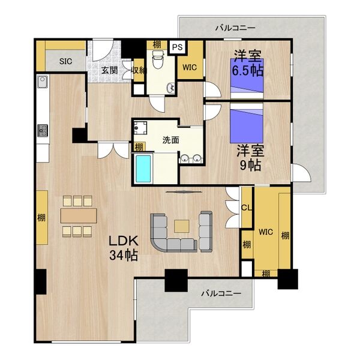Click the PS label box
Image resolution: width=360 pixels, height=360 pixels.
click(x=177, y=47)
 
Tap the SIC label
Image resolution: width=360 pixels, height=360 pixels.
click(x=65, y=61)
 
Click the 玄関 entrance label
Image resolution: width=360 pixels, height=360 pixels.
click(x=110, y=70)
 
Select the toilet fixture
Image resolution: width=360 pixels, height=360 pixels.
click(x=158, y=59)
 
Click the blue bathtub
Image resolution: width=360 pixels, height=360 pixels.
click(x=143, y=169)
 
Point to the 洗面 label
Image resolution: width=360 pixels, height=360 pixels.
click(x=170, y=140)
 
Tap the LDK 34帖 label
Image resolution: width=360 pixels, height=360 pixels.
click(x=124, y=248)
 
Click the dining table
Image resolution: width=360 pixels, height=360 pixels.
click(x=79, y=215)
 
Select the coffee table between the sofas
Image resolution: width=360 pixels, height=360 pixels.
click(x=182, y=226)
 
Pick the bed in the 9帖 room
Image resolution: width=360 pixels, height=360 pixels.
click(x=247, y=123)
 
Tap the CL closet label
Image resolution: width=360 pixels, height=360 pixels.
click(x=247, y=208)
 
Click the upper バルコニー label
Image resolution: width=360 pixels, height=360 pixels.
click(x=235, y=28)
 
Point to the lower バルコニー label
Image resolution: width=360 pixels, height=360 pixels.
click(x=221, y=293)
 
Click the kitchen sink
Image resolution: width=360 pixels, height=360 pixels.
click(x=43, y=82)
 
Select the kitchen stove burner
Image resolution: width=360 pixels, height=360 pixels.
click(x=43, y=131)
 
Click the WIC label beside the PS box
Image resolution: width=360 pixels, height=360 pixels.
click(x=190, y=67)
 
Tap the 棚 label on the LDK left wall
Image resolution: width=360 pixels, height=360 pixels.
click(x=41, y=217)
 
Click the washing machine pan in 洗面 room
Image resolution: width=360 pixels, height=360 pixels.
click(x=140, y=128)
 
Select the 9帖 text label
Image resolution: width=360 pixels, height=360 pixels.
click(x=250, y=165)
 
